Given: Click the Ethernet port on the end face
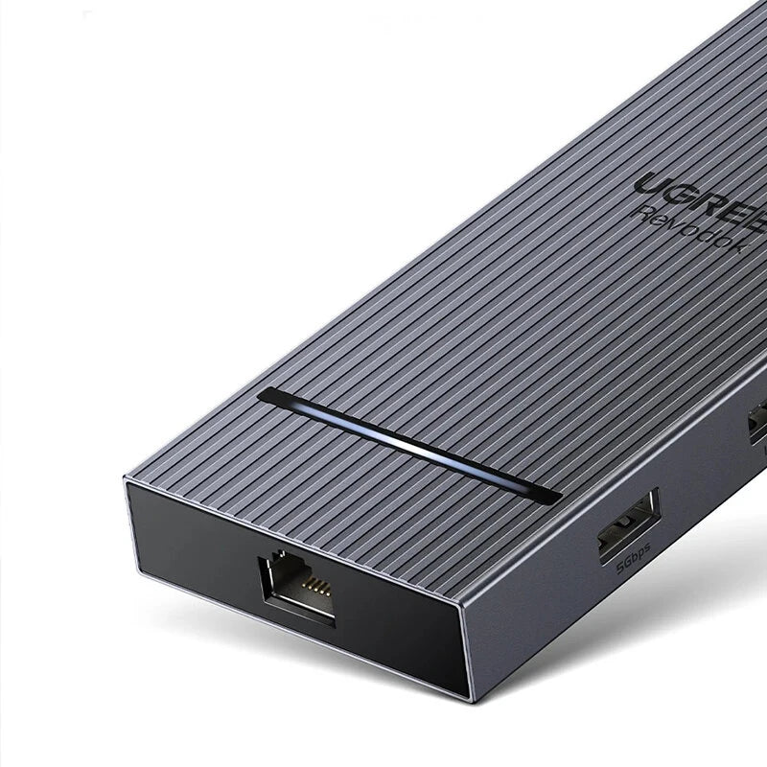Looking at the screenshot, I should pos(297,587).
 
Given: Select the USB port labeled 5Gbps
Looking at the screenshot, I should pos(628,524).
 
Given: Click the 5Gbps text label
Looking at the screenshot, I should pos(634,558).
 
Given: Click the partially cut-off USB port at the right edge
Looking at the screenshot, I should pos(757,422).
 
